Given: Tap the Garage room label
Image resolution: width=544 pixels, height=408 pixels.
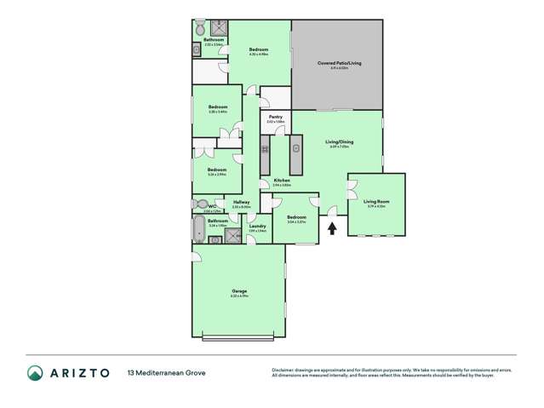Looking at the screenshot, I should pyautogui.click(x=239, y=291).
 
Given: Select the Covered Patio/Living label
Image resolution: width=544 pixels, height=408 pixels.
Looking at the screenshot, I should pyautogui.click(x=336, y=63).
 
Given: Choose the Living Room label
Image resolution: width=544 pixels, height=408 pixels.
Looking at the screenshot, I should pyautogui.click(x=375, y=201).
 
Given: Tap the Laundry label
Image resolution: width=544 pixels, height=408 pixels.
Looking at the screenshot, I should pyautogui.click(x=257, y=226).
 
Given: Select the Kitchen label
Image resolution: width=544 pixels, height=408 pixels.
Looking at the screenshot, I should pyautogui.click(x=282, y=180).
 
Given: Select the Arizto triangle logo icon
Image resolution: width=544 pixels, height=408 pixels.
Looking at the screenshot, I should pyautogui.click(x=35, y=372).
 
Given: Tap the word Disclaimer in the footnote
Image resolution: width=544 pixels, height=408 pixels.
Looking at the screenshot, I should pyautogui.click(x=286, y=369).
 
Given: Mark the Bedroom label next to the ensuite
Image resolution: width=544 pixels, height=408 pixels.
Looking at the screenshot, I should pyautogui.click(x=259, y=50).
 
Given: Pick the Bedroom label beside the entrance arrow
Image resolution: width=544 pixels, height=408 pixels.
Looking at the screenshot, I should pyautogui.click(x=296, y=217).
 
